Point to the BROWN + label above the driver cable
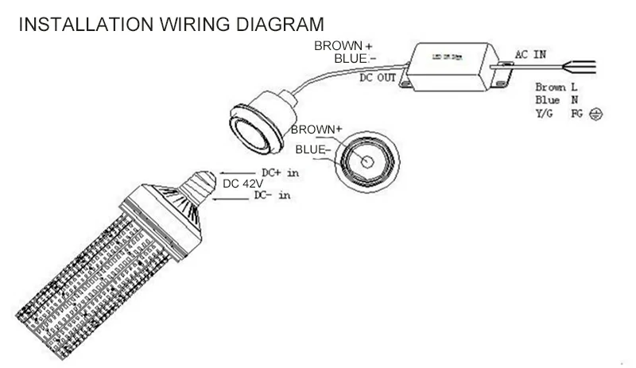(343, 46)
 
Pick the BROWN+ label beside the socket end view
(316, 129)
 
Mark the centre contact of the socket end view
(369, 161)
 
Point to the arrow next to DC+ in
(232, 172)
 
